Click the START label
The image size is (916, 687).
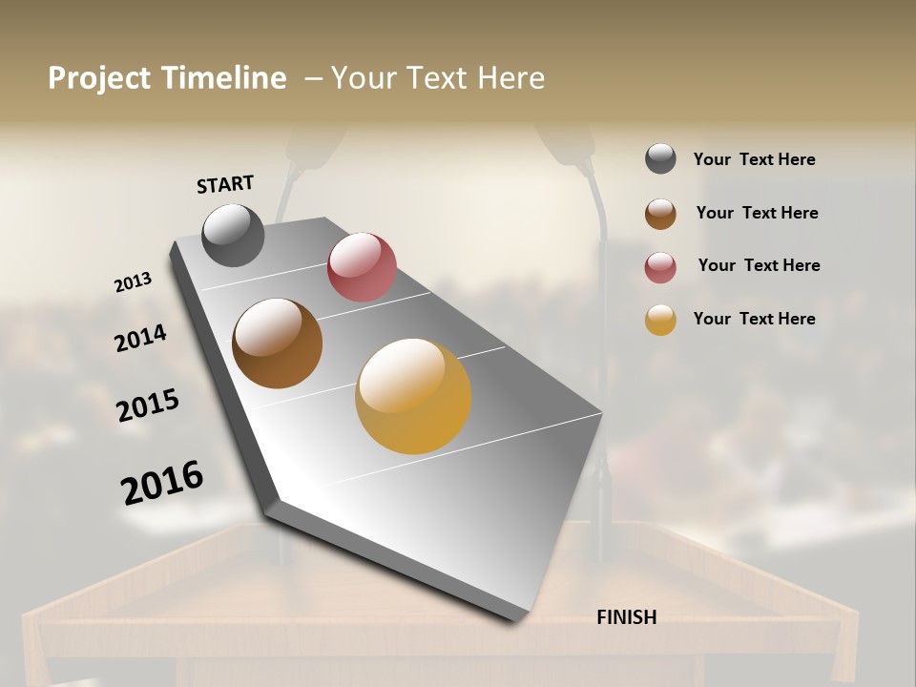pyautogui.click(x=225, y=183)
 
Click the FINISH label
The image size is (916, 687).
pyautogui.click(x=626, y=617)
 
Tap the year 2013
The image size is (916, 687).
pyautogui.click(x=134, y=282)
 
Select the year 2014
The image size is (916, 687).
pyautogui.click(x=140, y=338)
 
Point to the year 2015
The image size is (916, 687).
pyautogui.click(x=148, y=406)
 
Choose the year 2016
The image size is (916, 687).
pyautogui.click(x=162, y=482)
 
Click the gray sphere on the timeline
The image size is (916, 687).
pyautogui.click(x=233, y=235)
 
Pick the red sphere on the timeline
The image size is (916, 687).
pyautogui.click(x=362, y=267)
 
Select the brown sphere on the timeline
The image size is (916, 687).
pyautogui.click(x=277, y=343)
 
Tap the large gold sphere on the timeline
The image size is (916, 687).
pyautogui.click(x=413, y=396)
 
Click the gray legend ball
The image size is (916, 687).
pyautogui.click(x=660, y=159)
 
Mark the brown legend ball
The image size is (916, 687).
pyautogui.click(x=660, y=214)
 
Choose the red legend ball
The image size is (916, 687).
pyautogui.click(x=660, y=267)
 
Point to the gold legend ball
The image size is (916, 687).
pyautogui.click(x=660, y=320)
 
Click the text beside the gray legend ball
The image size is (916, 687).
pyautogui.click(x=754, y=159)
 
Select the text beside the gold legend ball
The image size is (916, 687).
pyautogui.click(x=754, y=319)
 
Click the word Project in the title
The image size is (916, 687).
pyautogui.click(x=98, y=78)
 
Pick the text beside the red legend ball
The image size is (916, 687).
pyautogui.click(x=759, y=265)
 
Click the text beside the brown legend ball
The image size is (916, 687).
pyautogui.click(x=757, y=213)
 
